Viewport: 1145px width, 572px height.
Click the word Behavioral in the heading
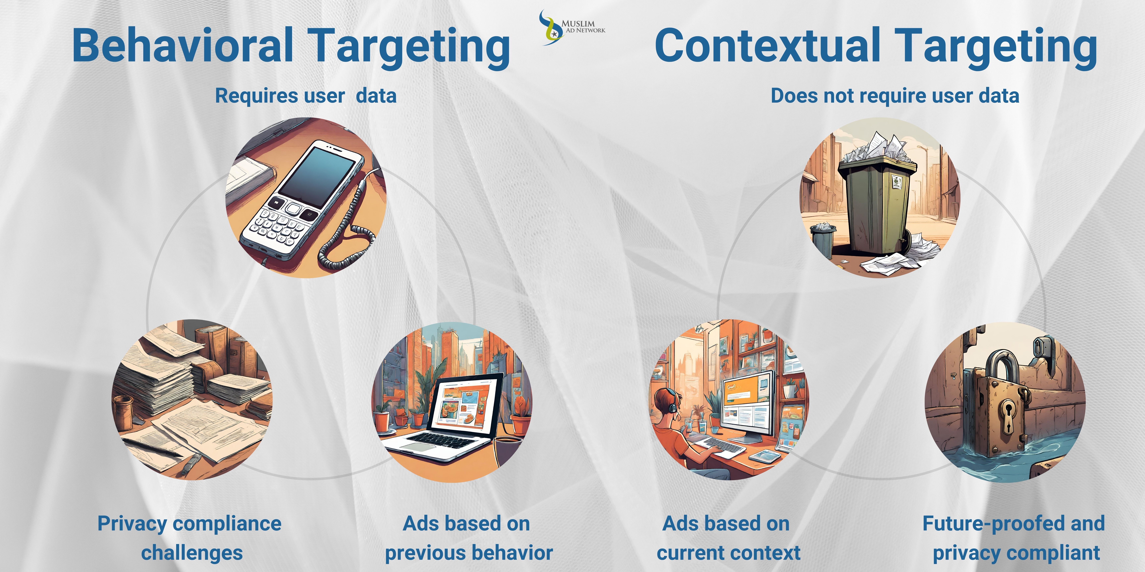click(182, 45)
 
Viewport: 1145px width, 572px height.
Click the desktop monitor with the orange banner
click(747, 404)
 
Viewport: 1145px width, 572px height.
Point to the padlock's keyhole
click(1007, 415)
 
